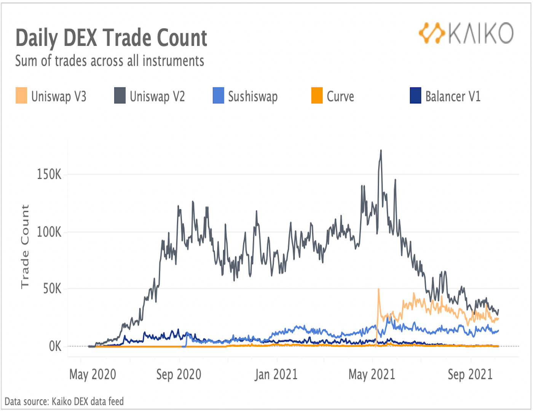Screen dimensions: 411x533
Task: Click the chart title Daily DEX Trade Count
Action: click(x=111, y=38)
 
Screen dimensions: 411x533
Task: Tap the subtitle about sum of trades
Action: click(x=110, y=61)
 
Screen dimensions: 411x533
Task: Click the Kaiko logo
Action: click(x=466, y=33)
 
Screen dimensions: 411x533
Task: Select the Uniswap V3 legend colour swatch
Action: click(x=21, y=96)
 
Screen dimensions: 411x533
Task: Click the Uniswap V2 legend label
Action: click(x=157, y=97)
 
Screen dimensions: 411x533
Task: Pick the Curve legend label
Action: click(x=340, y=97)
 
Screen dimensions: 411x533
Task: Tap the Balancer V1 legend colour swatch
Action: click(x=415, y=96)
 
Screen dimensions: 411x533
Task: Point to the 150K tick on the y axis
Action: click(x=49, y=175)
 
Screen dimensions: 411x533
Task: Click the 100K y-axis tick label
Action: click(x=49, y=232)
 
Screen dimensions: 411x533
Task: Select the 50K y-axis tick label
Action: click(x=52, y=289)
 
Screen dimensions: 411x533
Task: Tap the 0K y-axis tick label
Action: click(x=55, y=346)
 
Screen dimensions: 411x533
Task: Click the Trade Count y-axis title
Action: click(x=25, y=247)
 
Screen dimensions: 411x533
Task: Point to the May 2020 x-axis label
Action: click(x=93, y=374)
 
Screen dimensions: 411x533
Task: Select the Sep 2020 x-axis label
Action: click(x=179, y=374)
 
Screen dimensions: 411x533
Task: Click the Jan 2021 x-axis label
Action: click(x=276, y=374)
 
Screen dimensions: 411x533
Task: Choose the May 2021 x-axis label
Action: click(x=372, y=374)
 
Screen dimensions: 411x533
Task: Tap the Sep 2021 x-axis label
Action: click(x=470, y=374)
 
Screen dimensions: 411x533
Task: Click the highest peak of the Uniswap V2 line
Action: click(x=381, y=151)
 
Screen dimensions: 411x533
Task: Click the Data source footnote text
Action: click(x=64, y=401)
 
